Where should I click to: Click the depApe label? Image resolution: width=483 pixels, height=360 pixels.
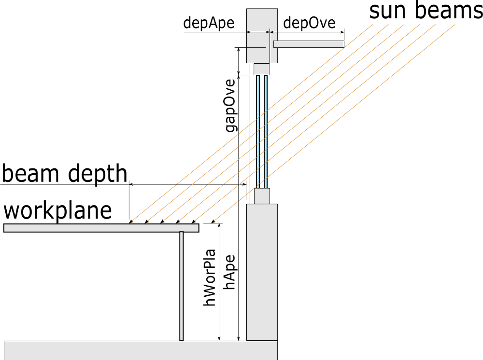click(x=209, y=23)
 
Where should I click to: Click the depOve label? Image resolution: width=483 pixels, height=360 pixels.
click(x=309, y=23)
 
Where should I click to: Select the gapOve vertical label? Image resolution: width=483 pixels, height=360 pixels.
click(x=231, y=105)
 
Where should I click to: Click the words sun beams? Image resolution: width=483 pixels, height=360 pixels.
click(x=426, y=11)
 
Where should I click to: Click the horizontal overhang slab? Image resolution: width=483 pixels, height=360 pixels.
click(x=309, y=44)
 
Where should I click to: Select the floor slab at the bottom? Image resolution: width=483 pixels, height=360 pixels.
click(x=140, y=350)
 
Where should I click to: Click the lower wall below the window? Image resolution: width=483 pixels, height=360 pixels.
click(x=262, y=272)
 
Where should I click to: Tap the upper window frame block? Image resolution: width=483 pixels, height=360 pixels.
click(x=261, y=69)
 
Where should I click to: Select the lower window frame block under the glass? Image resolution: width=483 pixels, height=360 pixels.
click(x=262, y=196)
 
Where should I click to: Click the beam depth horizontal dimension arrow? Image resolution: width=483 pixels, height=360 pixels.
click(x=188, y=184)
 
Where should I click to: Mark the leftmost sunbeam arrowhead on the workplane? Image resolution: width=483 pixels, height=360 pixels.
click(x=131, y=222)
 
